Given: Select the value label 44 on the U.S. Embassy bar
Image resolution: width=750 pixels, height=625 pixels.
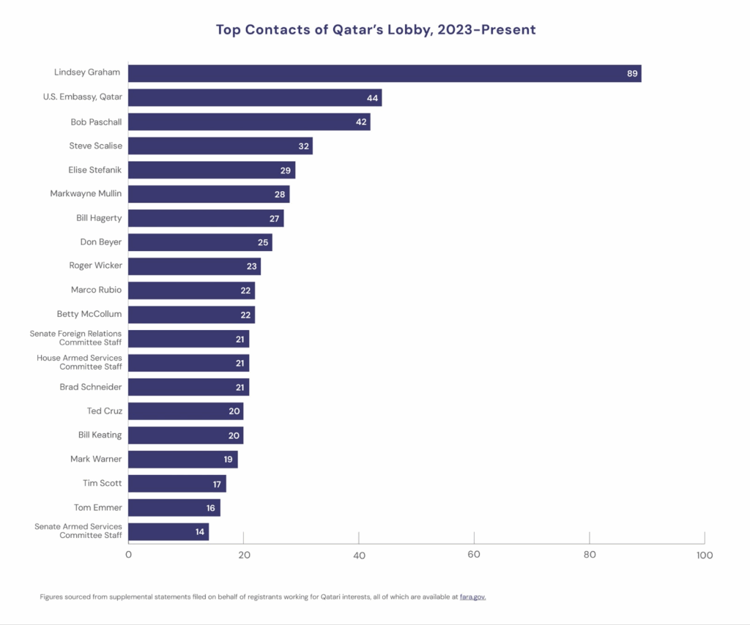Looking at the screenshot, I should point(372,97).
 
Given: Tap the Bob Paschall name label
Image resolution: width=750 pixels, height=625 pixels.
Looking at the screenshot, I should point(96,121).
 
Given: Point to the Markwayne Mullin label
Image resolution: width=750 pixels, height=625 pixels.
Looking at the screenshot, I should point(86,194).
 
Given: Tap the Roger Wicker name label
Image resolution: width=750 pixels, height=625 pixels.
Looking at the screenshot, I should point(95,266).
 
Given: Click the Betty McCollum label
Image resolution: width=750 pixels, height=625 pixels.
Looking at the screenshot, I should point(89,314).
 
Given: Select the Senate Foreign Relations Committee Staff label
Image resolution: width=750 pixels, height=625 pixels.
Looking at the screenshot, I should point(76,338).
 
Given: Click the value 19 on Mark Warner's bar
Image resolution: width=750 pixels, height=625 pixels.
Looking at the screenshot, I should point(229,459).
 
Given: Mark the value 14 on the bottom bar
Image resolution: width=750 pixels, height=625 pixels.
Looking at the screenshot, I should point(200,531).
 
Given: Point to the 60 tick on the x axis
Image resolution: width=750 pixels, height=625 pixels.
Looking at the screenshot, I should point(474,555).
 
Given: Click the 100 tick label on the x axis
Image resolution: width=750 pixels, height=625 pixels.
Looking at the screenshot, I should point(704,555).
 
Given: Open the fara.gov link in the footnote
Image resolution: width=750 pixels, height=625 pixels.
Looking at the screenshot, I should point(472,596).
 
